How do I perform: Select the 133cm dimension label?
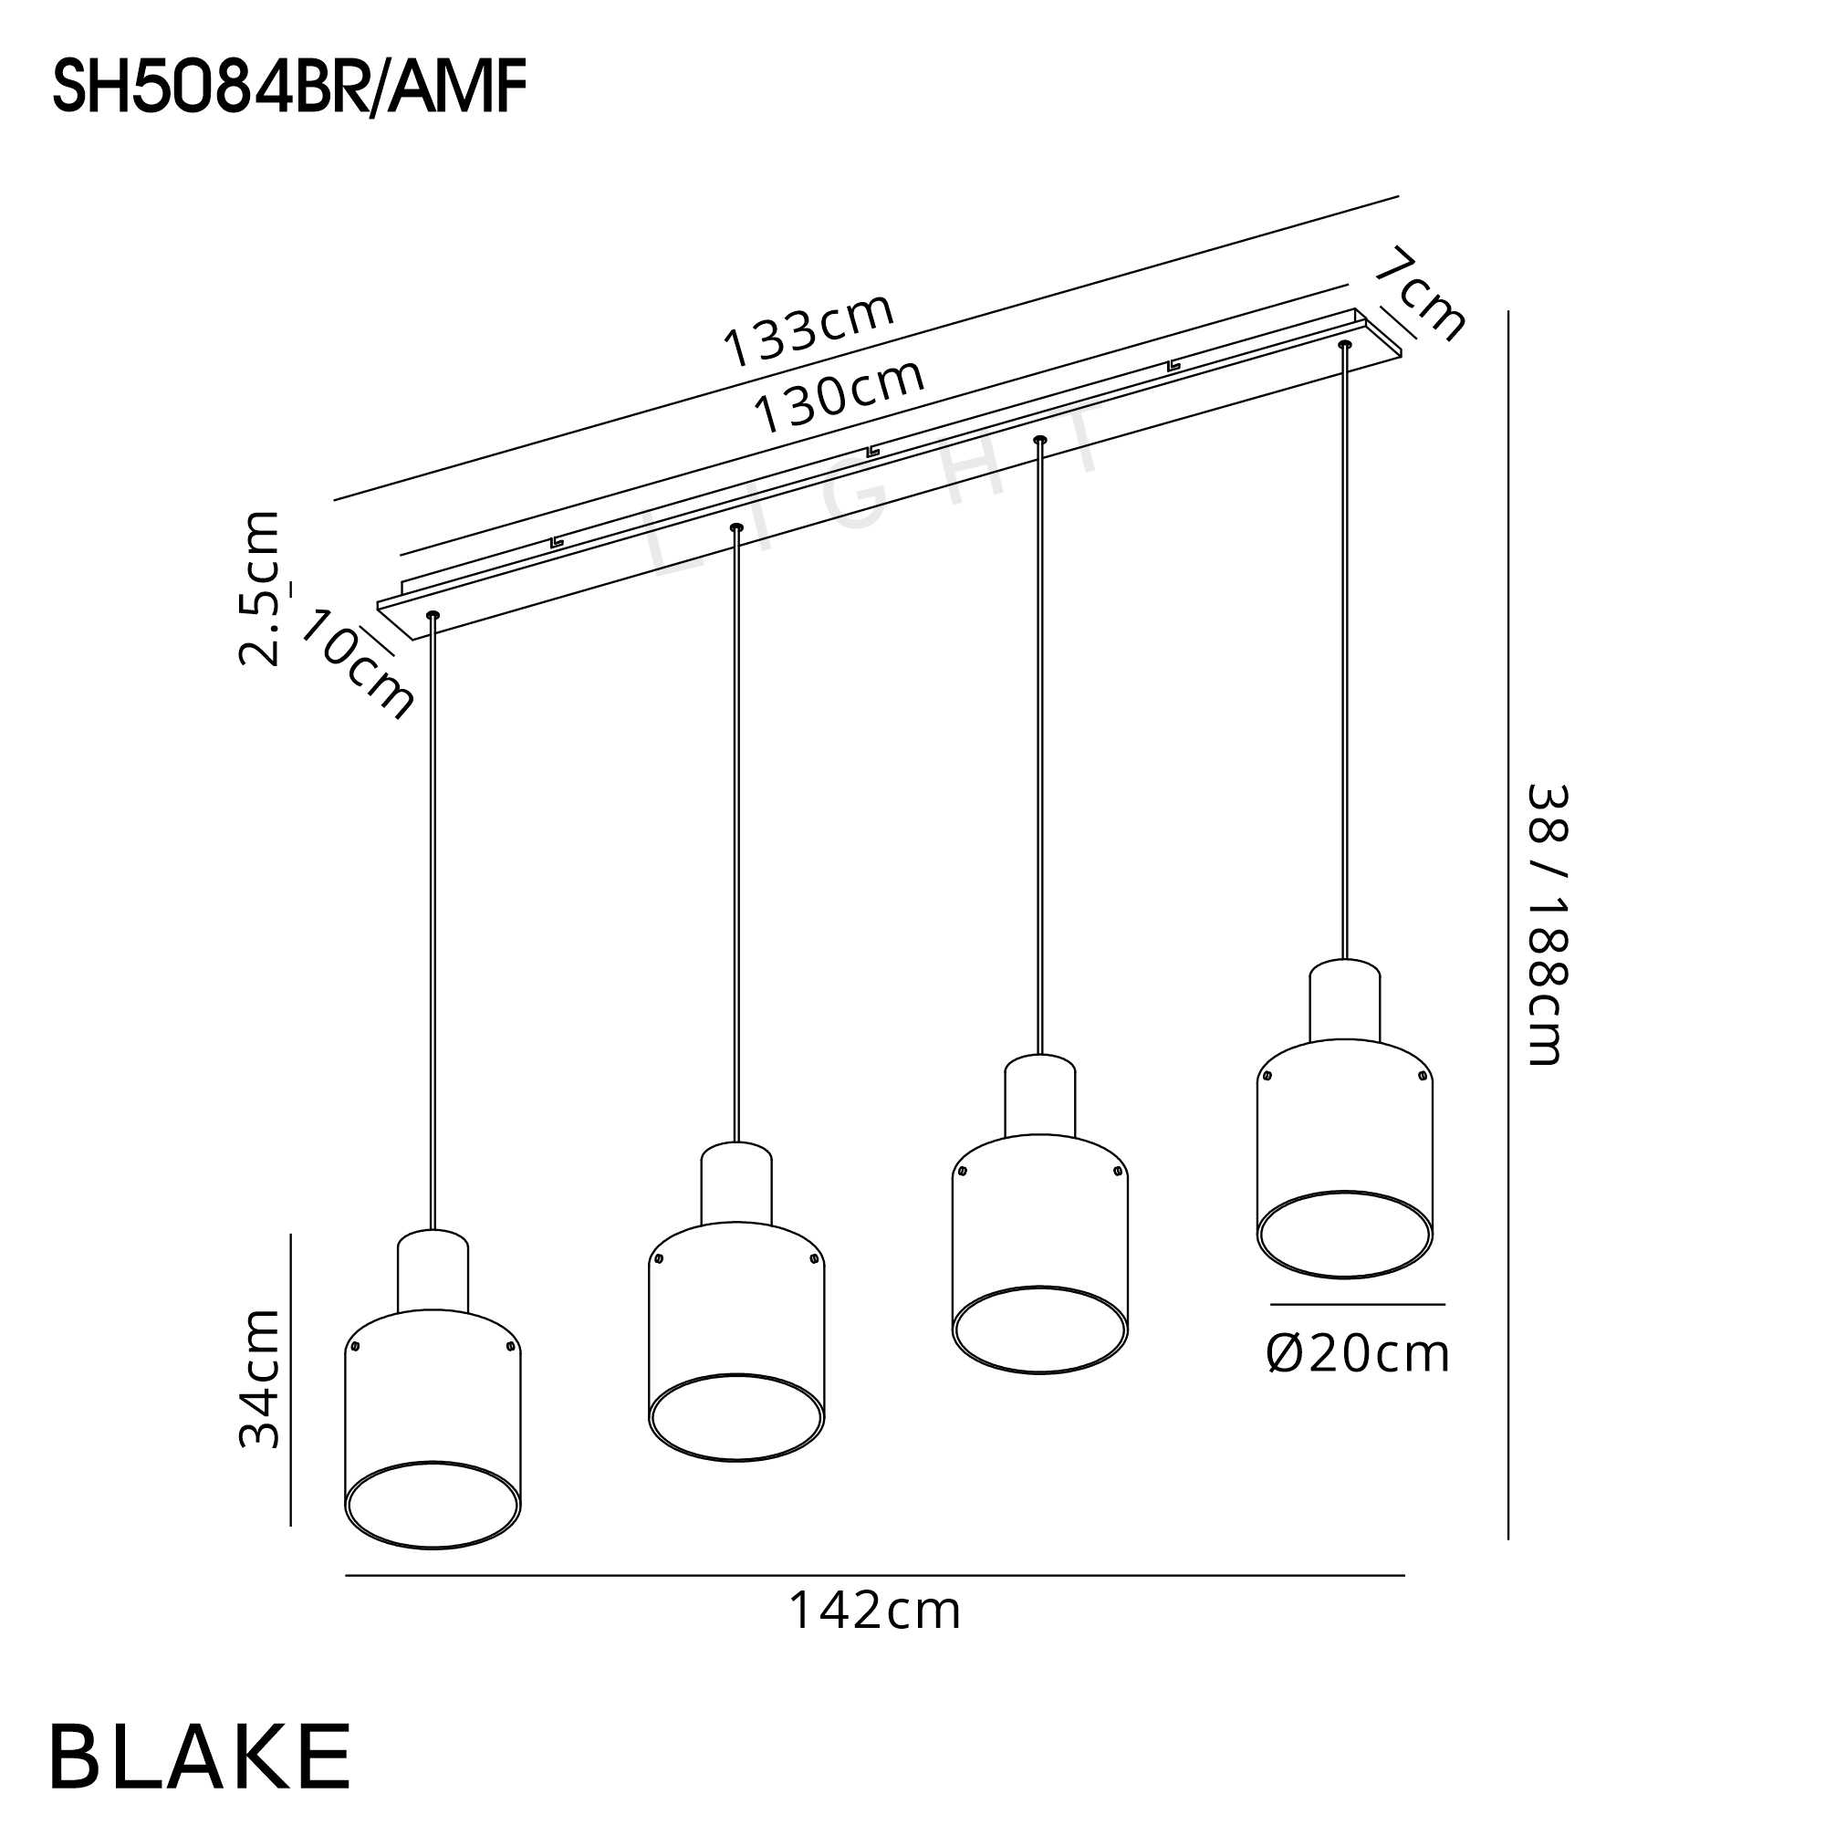(x=808, y=329)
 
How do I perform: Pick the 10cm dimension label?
(x=356, y=664)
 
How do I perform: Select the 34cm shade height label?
(x=259, y=1379)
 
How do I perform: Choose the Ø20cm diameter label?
(x=1358, y=1354)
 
